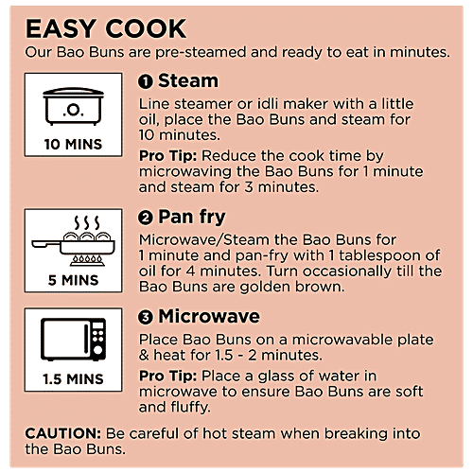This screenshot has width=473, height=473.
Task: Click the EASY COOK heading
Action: (x=106, y=28)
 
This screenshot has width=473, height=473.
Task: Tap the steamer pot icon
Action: (x=73, y=106)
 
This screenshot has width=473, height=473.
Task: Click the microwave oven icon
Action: (x=73, y=340)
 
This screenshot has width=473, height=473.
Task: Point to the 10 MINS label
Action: (x=73, y=145)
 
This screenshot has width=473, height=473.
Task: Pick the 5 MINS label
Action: (x=73, y=280)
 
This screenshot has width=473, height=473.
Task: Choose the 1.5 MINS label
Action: (x=73, y=379)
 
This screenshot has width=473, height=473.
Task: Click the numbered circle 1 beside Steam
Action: (x=146, y=81)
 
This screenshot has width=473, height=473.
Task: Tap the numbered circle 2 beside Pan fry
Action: (x=146, y=218)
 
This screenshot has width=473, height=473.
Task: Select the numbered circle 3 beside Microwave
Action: (x=146, y=317)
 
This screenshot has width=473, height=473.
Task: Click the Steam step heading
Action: (x=188, y=80)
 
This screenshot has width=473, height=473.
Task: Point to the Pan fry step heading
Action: (x=192, y=218)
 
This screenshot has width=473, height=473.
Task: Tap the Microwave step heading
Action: (x=209, y=316)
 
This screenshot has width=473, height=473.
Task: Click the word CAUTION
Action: (x=63, y=433)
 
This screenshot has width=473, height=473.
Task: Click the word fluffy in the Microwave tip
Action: (x=190, y=408)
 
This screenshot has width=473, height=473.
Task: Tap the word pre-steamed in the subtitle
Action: (x=201, y=53)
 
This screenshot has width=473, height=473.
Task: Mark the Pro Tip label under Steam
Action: (x=168, y=156)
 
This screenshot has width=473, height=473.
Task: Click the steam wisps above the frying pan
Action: (x=87, y=223)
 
